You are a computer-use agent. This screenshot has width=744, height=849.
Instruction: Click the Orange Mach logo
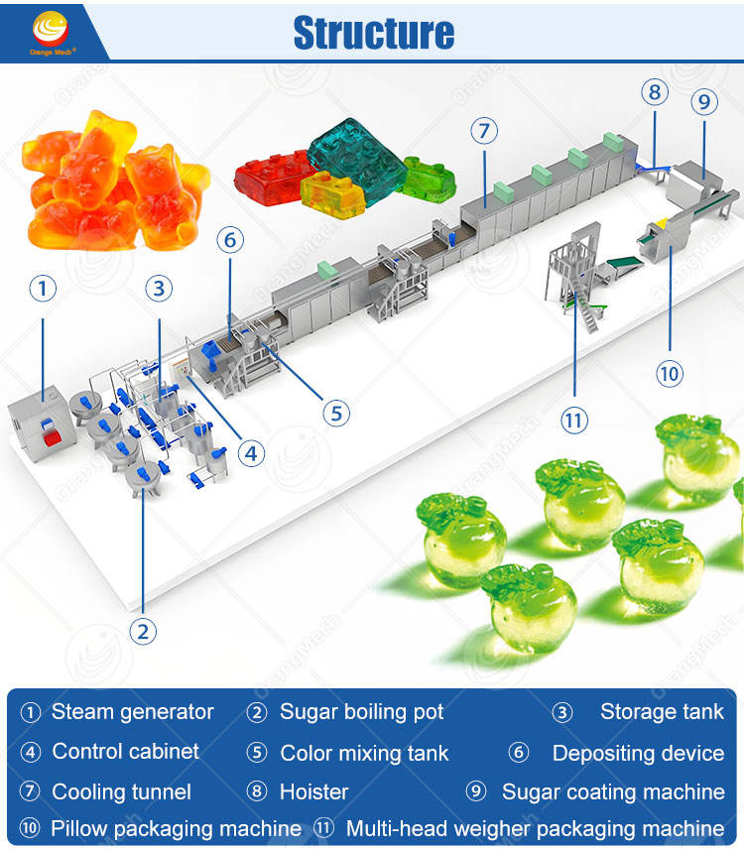tap(51, 33)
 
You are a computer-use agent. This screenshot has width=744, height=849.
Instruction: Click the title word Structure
tap(374, 33)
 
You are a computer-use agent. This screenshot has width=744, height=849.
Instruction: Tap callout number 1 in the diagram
tap(43, 289)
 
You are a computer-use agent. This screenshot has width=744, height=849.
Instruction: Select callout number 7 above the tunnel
tap(484, 131)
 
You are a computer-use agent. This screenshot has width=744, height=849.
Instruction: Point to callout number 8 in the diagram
tap(655, 92)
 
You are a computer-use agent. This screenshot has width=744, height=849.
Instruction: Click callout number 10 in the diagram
tap(670, 374)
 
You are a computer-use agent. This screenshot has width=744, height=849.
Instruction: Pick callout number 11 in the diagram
tap(574, 421)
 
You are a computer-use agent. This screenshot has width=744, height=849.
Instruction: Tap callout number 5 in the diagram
tap(336, 414)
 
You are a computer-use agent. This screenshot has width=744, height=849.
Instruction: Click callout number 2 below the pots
tap(143, 632)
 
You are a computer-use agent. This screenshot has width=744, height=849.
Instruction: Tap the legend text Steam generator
tap(133, 712)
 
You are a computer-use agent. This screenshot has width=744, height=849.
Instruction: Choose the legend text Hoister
tap(314, 792)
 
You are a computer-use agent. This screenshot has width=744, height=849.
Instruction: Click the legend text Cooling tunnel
tap(122, 792)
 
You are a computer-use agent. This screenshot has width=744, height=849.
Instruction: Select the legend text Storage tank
tap(663, 712)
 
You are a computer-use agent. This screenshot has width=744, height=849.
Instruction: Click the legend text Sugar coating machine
tap(613, 792)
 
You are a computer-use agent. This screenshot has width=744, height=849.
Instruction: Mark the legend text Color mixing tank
tap(364, 753)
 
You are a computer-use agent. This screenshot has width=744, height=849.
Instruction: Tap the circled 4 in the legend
tap(31, 752)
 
